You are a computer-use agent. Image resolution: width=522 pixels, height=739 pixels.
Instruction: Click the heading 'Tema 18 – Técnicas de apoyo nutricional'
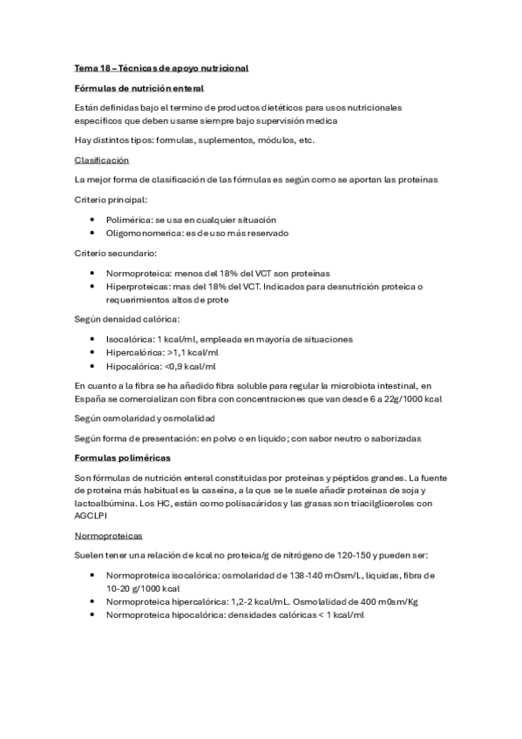[x=162, y=67]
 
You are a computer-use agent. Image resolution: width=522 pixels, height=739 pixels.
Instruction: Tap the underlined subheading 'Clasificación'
[x=101, y=160]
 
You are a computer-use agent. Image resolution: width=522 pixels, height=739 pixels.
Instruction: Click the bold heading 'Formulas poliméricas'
[x=122, y=457]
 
